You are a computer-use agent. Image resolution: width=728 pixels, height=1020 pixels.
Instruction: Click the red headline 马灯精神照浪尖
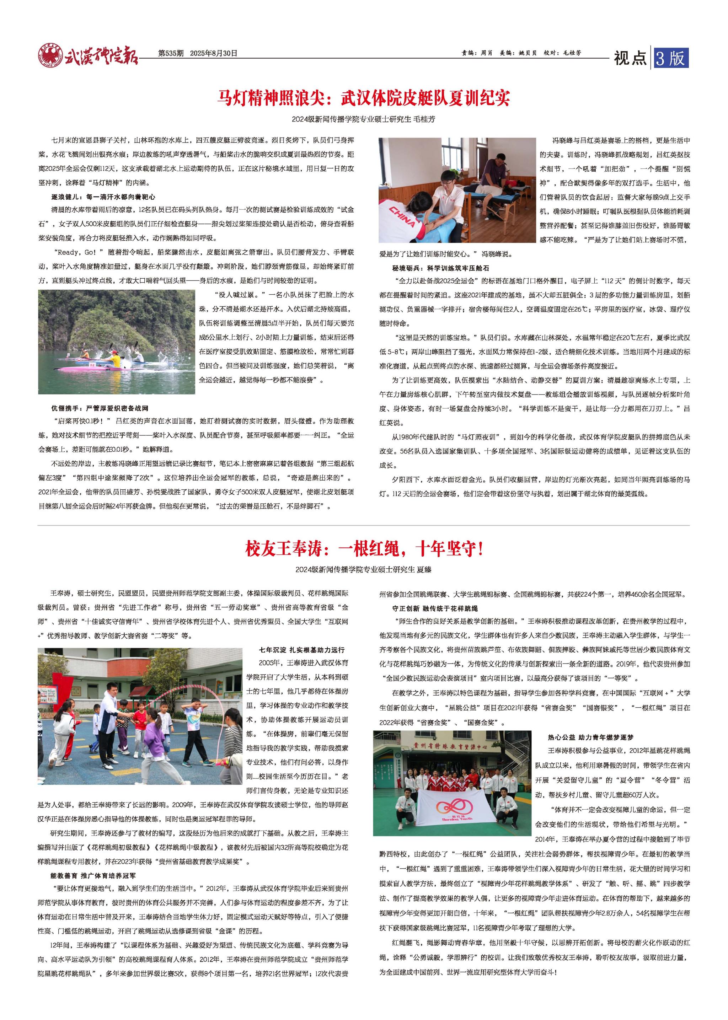point(364,98)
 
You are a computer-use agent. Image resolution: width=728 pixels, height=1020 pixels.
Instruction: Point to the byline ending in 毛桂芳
point(364,120)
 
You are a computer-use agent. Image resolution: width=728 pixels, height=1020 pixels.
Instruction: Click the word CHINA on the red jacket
point(402,215)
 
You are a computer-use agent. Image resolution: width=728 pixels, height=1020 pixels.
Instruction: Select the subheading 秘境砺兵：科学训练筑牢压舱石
point(441,268)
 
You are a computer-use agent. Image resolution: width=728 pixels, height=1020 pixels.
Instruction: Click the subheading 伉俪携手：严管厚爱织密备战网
point(100,408)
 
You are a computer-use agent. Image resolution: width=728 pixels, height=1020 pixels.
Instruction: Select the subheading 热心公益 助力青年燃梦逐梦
point(590,737)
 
